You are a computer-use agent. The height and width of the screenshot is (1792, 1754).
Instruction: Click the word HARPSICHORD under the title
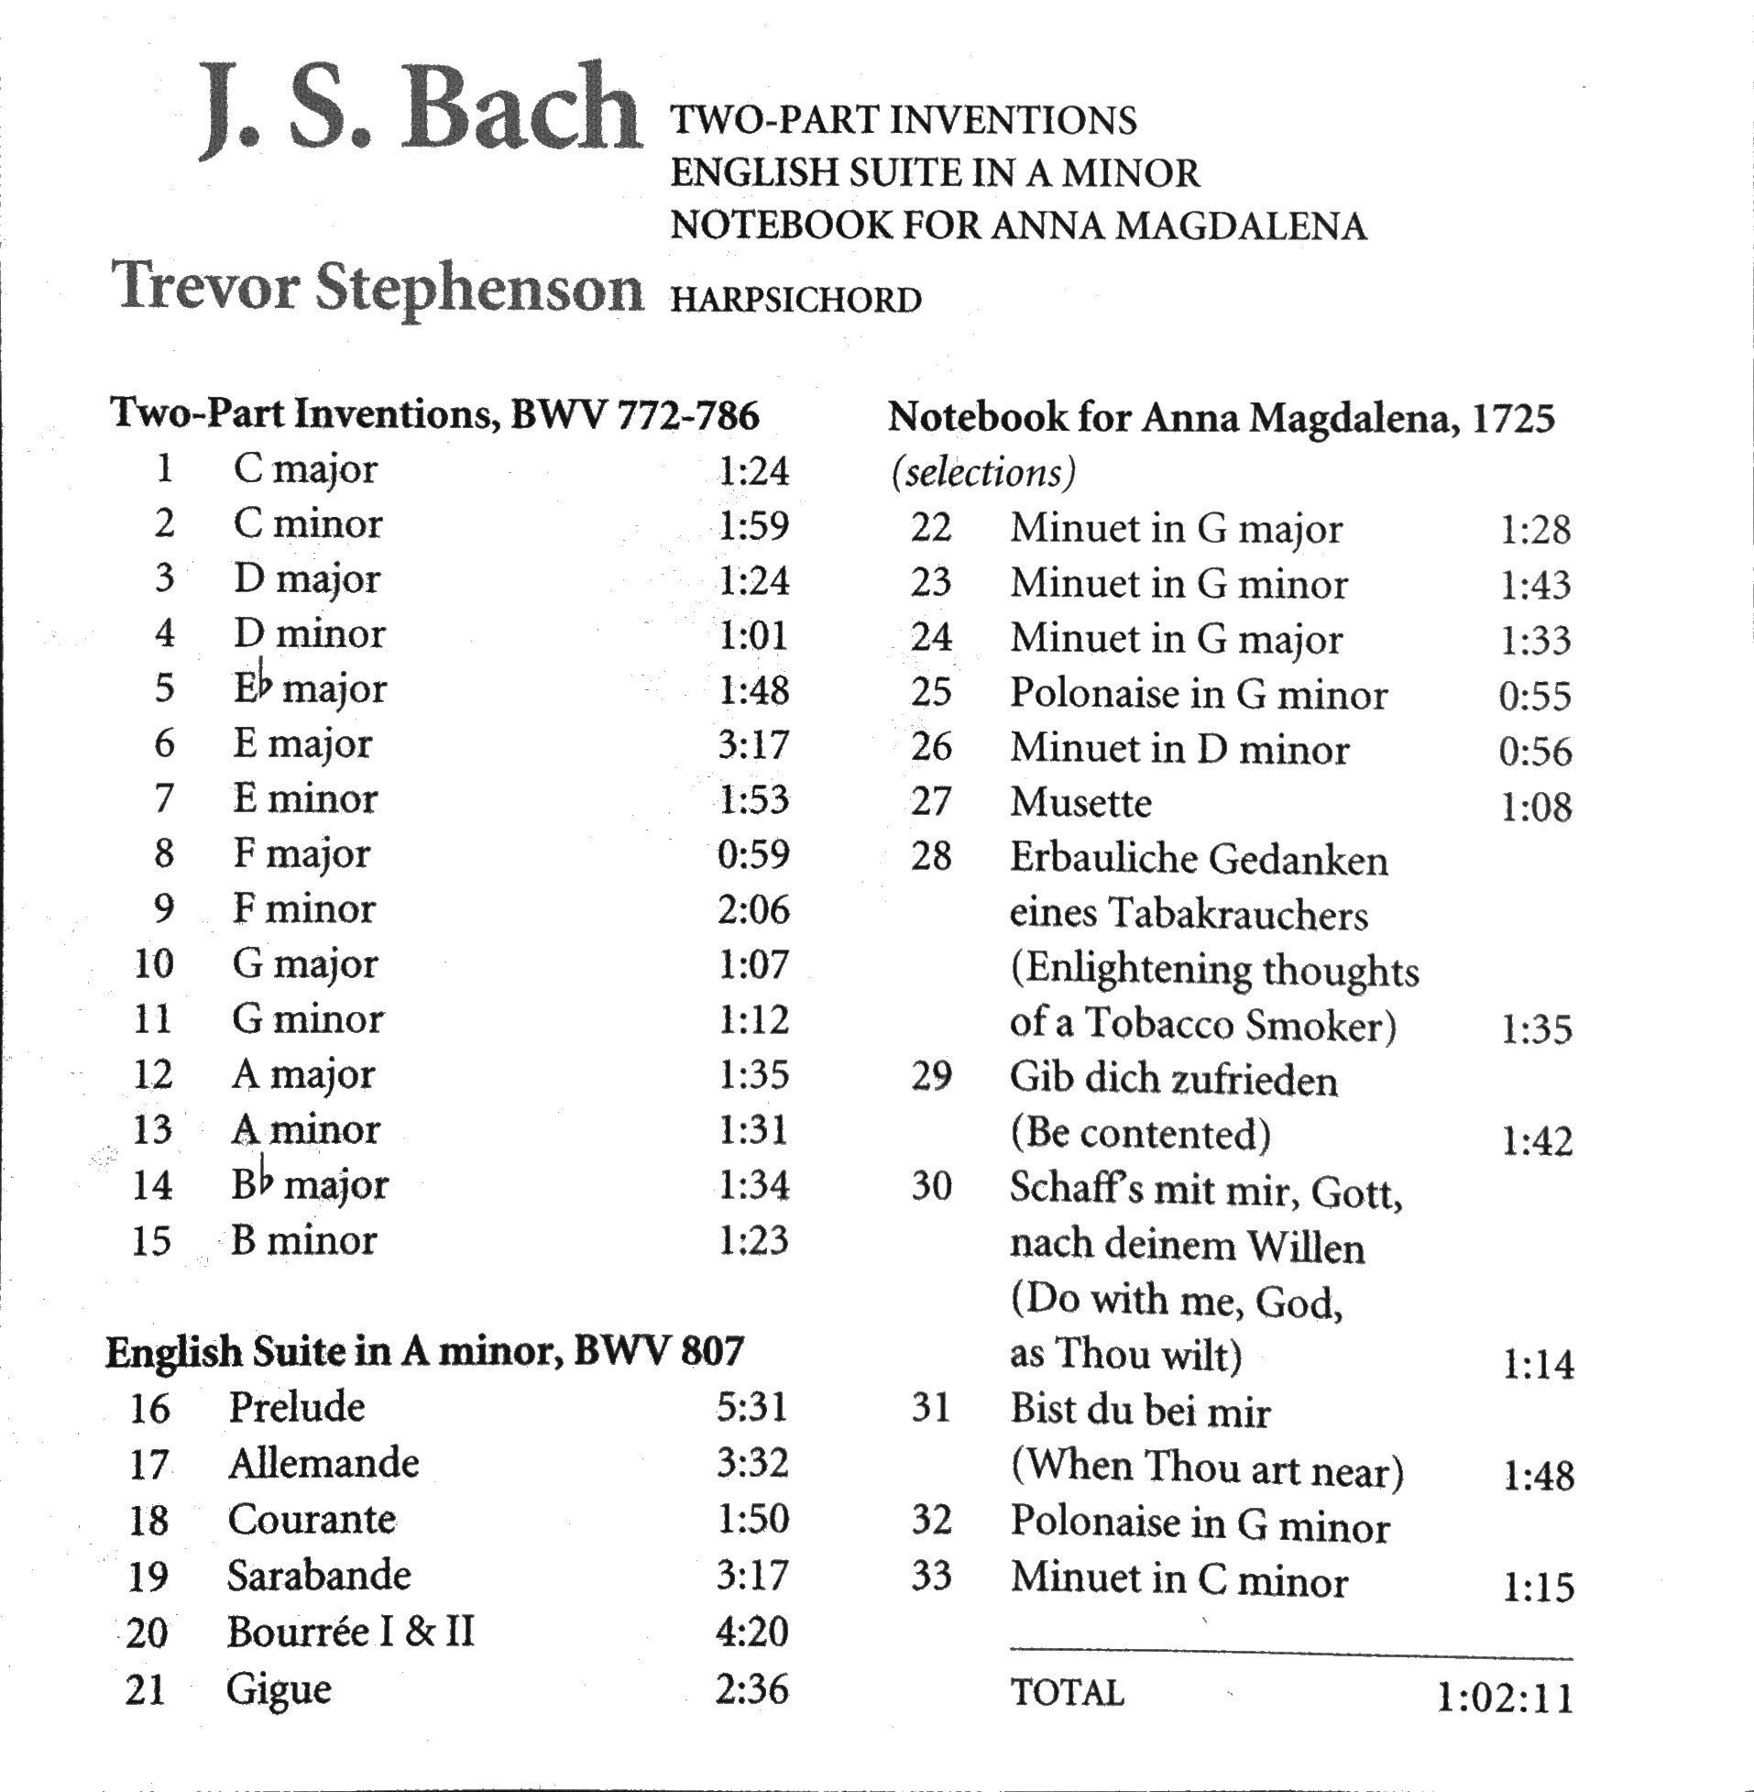click(796, 302)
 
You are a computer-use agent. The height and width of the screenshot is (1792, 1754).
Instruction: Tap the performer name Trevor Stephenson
click(377, 288)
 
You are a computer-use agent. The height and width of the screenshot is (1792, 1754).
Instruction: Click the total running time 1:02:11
click(1505, 1698)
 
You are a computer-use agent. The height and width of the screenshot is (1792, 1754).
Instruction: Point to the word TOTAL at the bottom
click(1068, 1693)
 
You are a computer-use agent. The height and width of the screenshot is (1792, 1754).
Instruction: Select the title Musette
click(1080, 803)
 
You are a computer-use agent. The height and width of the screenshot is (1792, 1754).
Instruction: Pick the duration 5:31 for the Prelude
click(752, 1408)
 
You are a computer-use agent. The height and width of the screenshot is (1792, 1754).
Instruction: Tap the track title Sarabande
click(319, 1576)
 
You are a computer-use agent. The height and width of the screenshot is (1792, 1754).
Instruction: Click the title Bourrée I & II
click(351, 1632)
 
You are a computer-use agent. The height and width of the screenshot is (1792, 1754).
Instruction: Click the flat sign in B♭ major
click(265, 1179)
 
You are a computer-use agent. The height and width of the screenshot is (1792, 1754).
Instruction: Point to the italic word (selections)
click(983, 474)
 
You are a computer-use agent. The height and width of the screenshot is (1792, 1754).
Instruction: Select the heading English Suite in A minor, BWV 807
click(424, 1352)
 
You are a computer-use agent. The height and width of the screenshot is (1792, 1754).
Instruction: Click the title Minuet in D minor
click(1179, 749)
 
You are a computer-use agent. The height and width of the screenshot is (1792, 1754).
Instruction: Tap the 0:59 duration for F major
click(752, 854)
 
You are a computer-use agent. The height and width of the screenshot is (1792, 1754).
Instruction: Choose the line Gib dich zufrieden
click(1174, 1079)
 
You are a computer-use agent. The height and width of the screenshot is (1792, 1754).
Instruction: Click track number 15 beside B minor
click(152, 1241)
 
